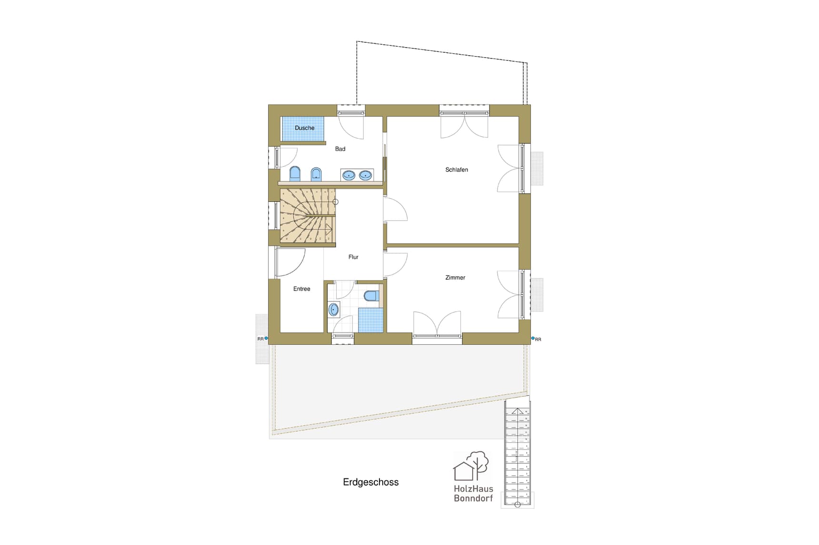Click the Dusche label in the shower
[304, 128]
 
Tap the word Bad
[340, 149]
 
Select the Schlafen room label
[457, 170]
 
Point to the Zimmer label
[455, 278]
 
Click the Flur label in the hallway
[353, 257]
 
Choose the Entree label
[301, 289]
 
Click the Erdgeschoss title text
[370, 482]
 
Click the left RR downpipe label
[260, 339]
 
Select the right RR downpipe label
[538, 340]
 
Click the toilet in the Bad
[295, 174]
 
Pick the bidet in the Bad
[316, 174]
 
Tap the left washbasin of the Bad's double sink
[349, 175]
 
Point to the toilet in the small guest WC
[371, 296]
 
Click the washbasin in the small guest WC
[334, 310]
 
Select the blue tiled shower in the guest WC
[370, 320]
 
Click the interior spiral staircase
[307, 216]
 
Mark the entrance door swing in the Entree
[290, 262]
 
